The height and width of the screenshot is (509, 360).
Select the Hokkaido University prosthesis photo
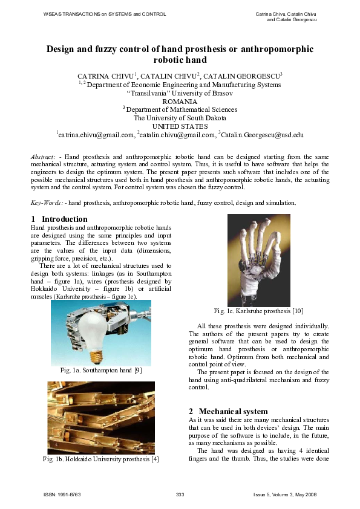coord(101,417)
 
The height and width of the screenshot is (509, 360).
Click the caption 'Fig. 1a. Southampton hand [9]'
coord(100,371)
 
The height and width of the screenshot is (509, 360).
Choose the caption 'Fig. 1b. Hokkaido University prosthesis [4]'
coord(100,460)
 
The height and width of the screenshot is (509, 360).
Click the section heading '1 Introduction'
coord(59,219)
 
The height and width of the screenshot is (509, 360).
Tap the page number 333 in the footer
coord(180,495)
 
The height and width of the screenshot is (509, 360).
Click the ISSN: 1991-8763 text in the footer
coord(62,495)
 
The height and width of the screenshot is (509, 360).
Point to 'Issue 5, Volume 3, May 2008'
coord(285,495)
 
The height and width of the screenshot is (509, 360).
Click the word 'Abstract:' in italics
coord(44,157)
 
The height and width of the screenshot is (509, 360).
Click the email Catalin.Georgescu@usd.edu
coord(261,135)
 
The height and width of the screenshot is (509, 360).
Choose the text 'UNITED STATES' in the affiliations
coord(180,126)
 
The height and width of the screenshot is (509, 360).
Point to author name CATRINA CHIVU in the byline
coord(105,77)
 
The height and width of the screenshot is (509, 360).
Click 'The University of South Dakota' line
coord(180,118)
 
